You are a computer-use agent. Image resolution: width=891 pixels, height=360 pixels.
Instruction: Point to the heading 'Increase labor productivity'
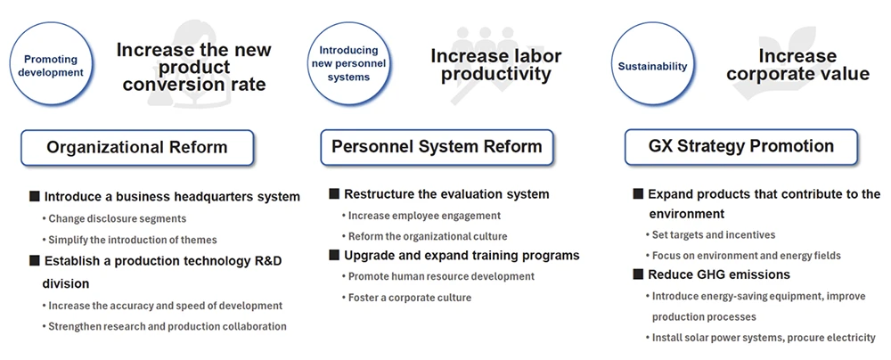click(x=496, y=64)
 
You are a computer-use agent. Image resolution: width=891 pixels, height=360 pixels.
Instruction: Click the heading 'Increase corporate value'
click(x=797, y=64)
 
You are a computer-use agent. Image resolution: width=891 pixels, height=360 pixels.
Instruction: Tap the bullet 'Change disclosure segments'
click(x=114, y=218)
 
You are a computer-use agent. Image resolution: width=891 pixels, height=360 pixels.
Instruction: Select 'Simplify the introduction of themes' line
click(x=129, y=240)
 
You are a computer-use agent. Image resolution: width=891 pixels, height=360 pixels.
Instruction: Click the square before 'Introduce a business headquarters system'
click(x=35, y=197)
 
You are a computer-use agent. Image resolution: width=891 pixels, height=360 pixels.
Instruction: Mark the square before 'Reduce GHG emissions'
click(x=638, y=274)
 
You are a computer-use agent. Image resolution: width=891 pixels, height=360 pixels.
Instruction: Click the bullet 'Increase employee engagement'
click(x=421, y=216)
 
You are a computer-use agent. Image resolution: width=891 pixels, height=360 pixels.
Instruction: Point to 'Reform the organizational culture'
click(x=424, y=237)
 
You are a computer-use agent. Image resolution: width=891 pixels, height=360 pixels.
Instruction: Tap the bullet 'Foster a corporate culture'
click(x=406, y=298)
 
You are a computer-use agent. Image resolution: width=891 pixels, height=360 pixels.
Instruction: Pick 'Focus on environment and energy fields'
click(x=743, y=256)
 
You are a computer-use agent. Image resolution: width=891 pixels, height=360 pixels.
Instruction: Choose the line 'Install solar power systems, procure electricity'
click(x=760, y=338)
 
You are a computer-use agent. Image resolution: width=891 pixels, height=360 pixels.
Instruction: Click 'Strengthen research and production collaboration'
click(x=164, y=326)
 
